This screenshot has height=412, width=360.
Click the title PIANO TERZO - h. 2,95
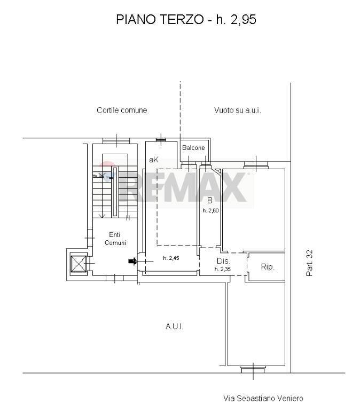point(186,20)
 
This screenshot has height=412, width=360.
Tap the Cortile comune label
point(122,110)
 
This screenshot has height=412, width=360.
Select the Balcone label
point(193,148)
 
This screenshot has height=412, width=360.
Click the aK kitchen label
point(154,160)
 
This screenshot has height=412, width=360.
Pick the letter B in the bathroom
point(209,201)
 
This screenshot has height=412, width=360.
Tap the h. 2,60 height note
point(210,210)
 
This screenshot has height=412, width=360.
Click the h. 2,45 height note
point(170,259)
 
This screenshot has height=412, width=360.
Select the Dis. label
point(223,261)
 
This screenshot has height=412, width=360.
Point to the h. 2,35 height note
point(223,269)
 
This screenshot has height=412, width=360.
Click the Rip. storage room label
point(267,266)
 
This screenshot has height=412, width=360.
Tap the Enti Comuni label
point(115,239)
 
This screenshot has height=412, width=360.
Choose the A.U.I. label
point(174,327)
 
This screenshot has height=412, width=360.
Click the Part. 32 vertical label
point(310,263)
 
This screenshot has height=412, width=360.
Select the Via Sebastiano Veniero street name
point(263,398)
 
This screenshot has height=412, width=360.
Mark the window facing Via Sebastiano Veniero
point(252,368)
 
